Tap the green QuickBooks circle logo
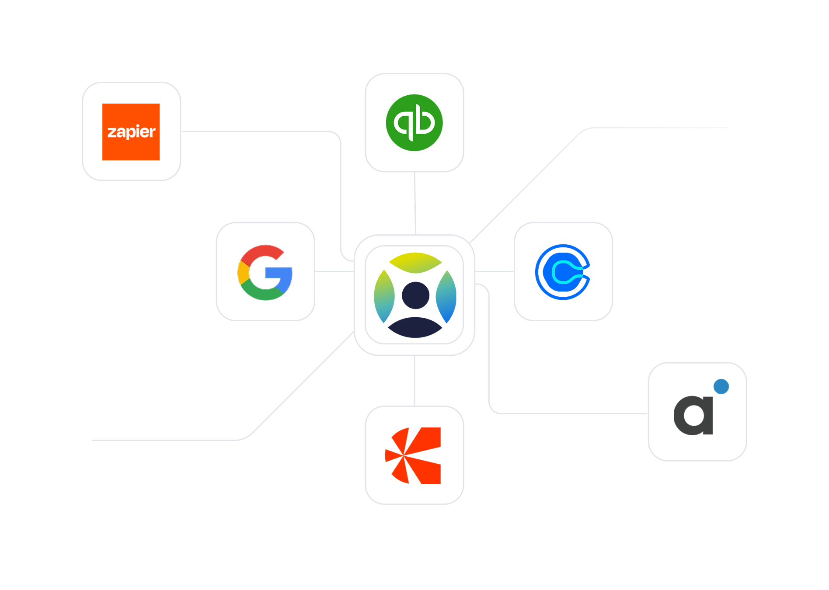click(414, 123)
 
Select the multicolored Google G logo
click(265, 272)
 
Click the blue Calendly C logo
click(563, 272)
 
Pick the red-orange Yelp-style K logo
click(414, 455)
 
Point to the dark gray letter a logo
click(693, 415)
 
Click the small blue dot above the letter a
click(721, 386)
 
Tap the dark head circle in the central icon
click(415, 295)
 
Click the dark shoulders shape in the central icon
click(415, 328)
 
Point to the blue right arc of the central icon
click(447, 296)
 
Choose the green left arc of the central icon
click(384, 296)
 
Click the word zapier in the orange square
click(131, 132)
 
